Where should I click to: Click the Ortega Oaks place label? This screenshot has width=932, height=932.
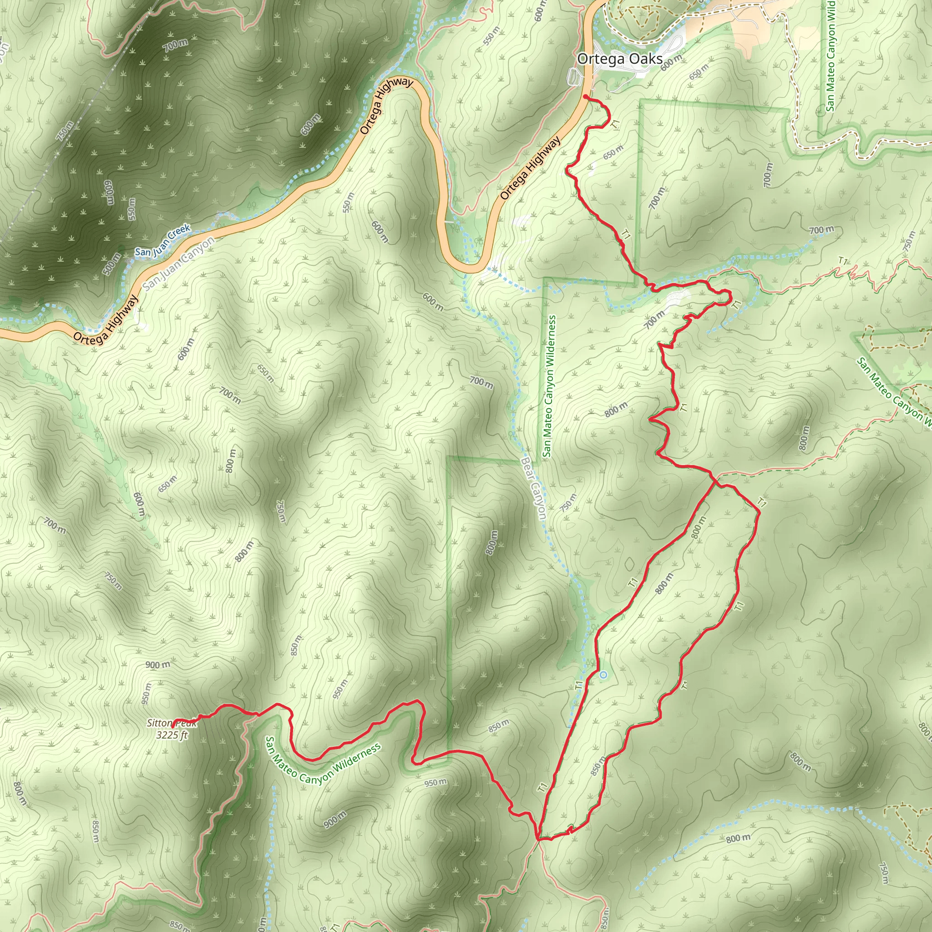click(x=619, y=59)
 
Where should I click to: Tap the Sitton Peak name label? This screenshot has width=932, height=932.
click(x=171, y=723)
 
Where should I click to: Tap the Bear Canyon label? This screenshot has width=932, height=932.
click(x=533, y=488)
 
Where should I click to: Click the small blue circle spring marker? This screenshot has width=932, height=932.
click(x=603, y=675)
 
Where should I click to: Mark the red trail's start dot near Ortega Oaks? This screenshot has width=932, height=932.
click(x=586, y=97)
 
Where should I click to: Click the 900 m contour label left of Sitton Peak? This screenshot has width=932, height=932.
click(x=158, y=665)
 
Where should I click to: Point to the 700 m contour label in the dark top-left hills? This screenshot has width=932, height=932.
click(x=175, y=46)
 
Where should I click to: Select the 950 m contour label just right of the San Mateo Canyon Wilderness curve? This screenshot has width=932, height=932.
click(x=436, y=782)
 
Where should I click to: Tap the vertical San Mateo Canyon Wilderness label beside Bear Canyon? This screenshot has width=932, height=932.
click(x=549, y=386)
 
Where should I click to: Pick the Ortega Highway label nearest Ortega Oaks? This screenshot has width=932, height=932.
click(x=530, y=168)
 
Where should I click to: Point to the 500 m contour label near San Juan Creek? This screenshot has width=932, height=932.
click(x=111, y=264)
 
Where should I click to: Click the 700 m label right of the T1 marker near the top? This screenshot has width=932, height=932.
click(x=821, y=230)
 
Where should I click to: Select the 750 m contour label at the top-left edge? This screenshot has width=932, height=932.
click(x=66, y=131)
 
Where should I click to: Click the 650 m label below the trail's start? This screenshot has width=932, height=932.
click(x=613, y=152)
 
